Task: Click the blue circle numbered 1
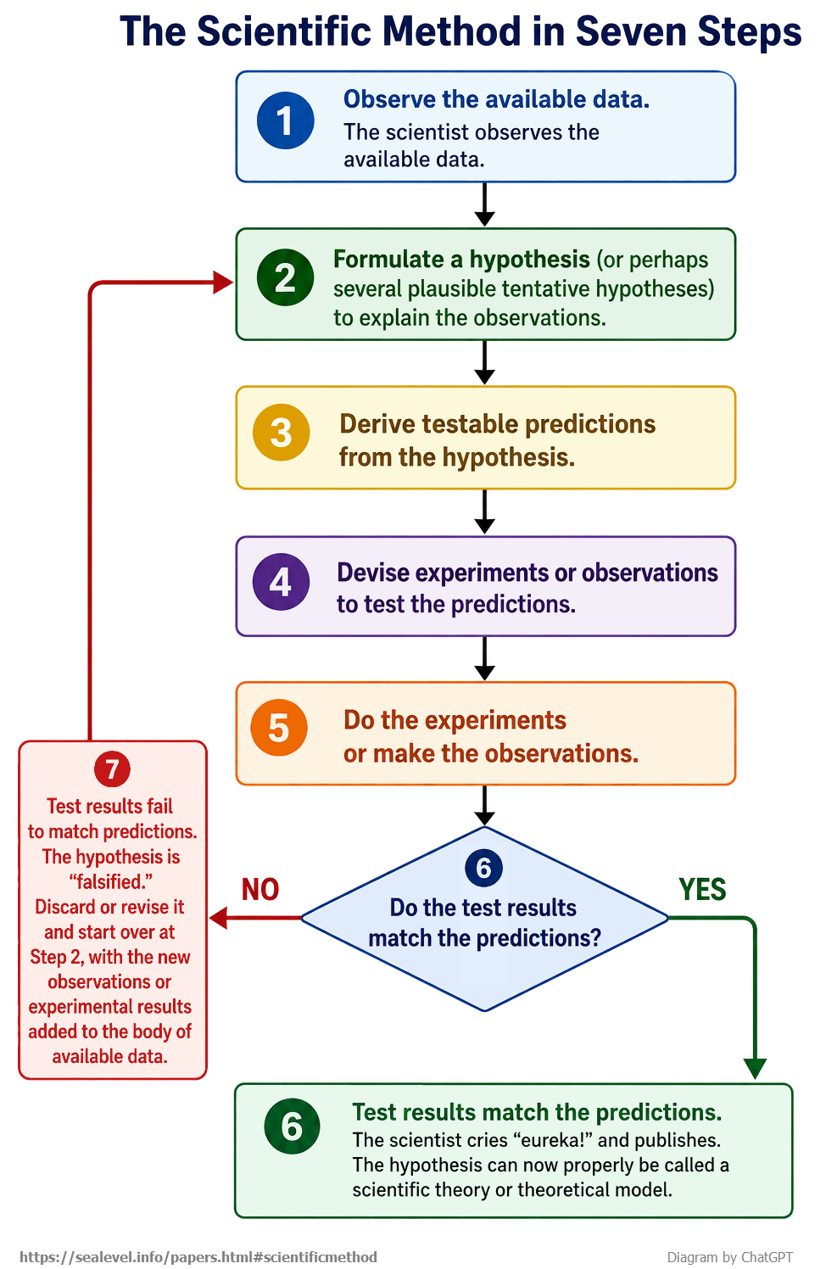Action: (x=285, y=120)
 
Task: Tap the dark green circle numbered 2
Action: (x=285, y=277)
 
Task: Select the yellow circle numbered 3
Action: (x=281, y=433)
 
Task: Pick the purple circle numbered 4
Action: (x=281, y=582)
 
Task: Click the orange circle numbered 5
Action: (x=279, y=728)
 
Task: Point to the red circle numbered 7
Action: (x=112, y=769)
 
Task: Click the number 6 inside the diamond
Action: (x=483, y=868)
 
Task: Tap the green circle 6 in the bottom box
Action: (x=292, y=1126)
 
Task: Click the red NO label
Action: (x=260, y=890)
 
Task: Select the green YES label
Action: (x=702, y=890)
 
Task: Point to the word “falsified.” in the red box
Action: (x=110, y=881)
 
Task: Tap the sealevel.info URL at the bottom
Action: (x=198, y=1257)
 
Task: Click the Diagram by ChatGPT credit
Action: (x=729, y=1257)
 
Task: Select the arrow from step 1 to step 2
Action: (x=484, y=204)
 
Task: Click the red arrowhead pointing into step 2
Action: (x=223, y=282)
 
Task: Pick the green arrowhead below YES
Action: (x=755, y=1069)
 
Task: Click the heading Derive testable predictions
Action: (x=498, y=424)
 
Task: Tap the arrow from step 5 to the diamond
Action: (x=484, y=806)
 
